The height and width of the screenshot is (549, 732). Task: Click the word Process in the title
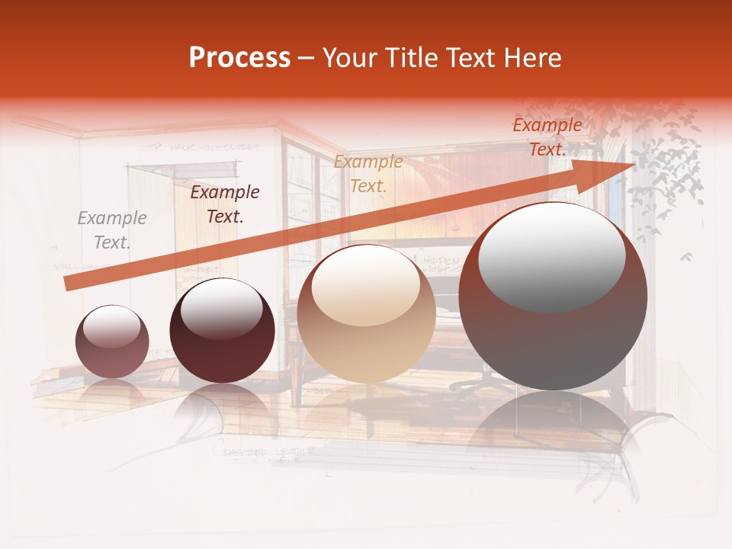[x=239, y=58]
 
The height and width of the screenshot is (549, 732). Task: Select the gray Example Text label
[x=112, y=230]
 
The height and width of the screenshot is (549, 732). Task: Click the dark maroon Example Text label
[x=224, y=204]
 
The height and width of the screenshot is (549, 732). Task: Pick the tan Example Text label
[x=368, y=174]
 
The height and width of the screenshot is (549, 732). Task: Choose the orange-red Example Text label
[x=547, y=137]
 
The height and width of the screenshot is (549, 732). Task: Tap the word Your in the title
[x=348, y=58]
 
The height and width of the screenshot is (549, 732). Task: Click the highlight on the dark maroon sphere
[x=221, y=308]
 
